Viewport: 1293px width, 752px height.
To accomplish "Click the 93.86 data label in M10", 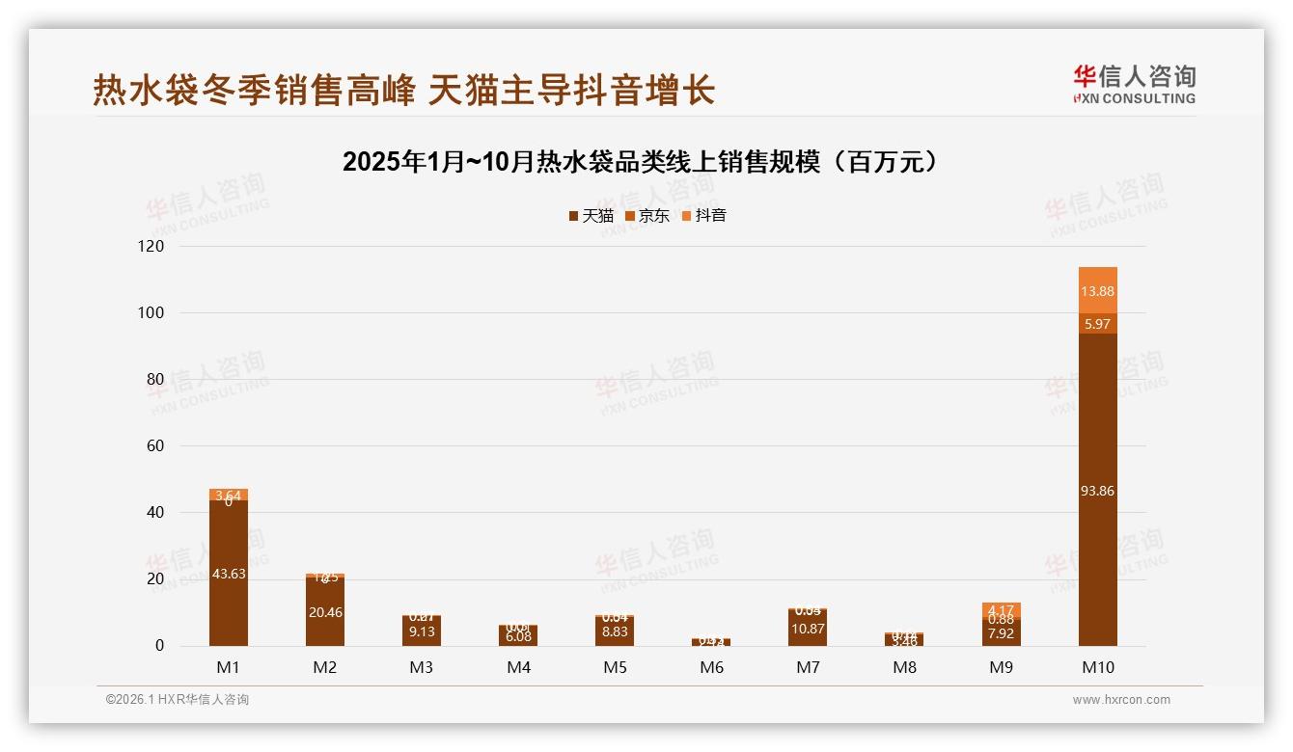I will tap(1098, 491).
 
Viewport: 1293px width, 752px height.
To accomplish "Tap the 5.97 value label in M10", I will tap(1098, 324).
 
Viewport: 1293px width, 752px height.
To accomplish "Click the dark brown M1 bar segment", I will tap(229, 573).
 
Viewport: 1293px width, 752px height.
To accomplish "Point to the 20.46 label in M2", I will tap(325, 612).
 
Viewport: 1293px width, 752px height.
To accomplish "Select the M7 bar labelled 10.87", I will tap(808, 629).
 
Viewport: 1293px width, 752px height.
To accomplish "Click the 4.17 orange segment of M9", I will tap(1002, 609).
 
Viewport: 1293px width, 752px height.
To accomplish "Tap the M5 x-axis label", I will tap(615, 667).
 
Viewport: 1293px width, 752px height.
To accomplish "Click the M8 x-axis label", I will tap(904, 667).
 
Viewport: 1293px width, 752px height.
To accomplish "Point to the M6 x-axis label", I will tap(711, 667).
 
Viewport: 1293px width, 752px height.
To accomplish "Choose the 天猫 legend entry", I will tap(591, 216).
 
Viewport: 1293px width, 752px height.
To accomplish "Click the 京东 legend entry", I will tap(647, 216).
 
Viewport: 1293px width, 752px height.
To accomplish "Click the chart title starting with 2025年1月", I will tap(640, 162).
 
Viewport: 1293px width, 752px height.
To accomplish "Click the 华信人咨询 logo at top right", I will tap(1134, 84).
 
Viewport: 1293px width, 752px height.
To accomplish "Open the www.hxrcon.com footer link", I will tap(1121, 700).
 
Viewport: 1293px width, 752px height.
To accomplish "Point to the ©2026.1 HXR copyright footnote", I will tap(177, 700).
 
